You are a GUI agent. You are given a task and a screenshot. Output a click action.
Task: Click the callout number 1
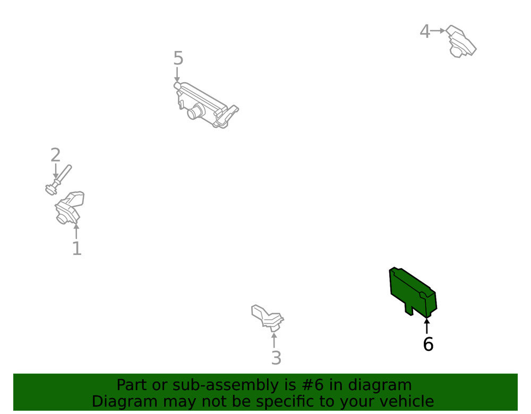(x=77, y=249)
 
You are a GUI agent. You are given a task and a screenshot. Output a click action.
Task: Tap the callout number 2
(x=56, y=155)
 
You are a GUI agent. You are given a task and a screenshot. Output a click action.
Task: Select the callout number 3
(x=276, y=358)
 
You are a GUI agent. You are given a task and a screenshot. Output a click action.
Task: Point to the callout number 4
(x=425, y=31)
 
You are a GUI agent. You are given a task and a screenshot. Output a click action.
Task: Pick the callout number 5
(x=178, y=58)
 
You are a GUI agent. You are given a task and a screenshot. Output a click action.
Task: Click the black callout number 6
(x=428, y=344)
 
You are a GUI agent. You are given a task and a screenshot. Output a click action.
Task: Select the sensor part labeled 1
(x=70, y=207)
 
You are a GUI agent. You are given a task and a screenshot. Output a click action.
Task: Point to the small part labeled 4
(x=461, y=41)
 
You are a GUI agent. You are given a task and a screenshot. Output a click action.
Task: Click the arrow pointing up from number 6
(x=427, y=326)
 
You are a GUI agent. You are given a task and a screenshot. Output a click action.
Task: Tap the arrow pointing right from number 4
(x=438, y=31)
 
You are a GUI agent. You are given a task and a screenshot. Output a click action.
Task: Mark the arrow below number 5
(x=177, y=75)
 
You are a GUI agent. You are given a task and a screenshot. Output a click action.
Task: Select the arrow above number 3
(x=274, y=340)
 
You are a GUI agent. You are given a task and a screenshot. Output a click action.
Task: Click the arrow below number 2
(x=56, y=171)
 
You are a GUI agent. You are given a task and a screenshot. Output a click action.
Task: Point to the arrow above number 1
(x=76, y=232)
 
